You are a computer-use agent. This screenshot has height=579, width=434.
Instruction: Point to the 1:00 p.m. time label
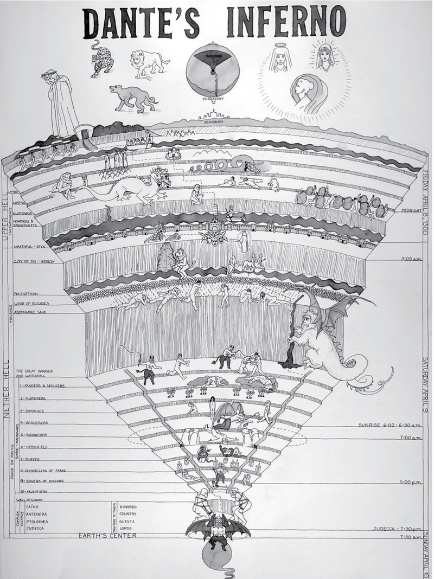pyautogui.click(x=411, y=481)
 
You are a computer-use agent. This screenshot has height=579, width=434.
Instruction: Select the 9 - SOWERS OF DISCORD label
pyautogui.click(x=46, y=481)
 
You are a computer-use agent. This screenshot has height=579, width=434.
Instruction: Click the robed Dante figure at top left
pyautogui.click(x=62, y=103)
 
